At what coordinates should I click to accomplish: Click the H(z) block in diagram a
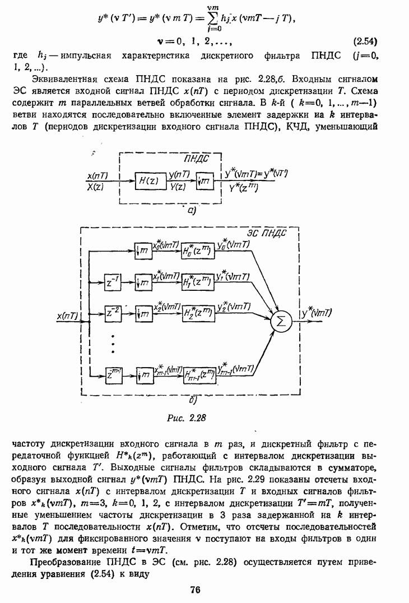coord(148,182)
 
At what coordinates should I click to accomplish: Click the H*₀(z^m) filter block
coord(198,251)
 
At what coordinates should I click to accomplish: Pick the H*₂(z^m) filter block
coord(198,313)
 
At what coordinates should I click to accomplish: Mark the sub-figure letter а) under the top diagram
coord(190,210)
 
